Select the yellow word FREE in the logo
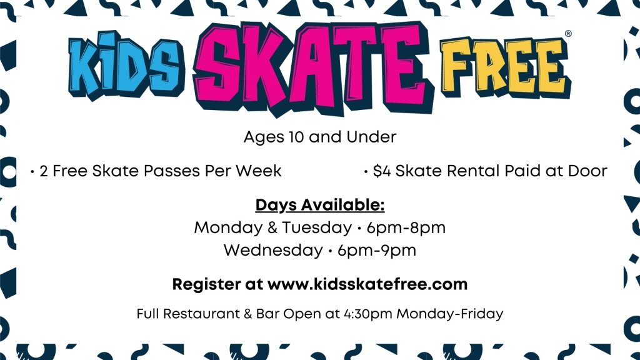(x=505, y=67)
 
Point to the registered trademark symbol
(x=567, y=34)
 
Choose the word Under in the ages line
(x=371, y=137)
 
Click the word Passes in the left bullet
(x=174, y=171)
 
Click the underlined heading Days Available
(x=320, y=205)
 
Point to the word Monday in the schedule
(x=228, y=227)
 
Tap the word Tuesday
(x=317, y=227)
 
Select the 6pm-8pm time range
(x=406, y=227)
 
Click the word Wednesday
(x=273, y=250)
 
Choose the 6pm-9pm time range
(x=377, y=250)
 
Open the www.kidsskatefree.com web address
(x=367, y=284)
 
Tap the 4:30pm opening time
(x=367, y=314)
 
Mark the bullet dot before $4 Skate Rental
(x=366, y=172)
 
